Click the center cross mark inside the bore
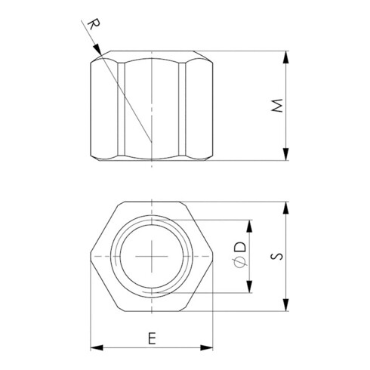pyautogui.click(x=151, y=257)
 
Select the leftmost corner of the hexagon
pyautogui.click(x=91, y=257)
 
